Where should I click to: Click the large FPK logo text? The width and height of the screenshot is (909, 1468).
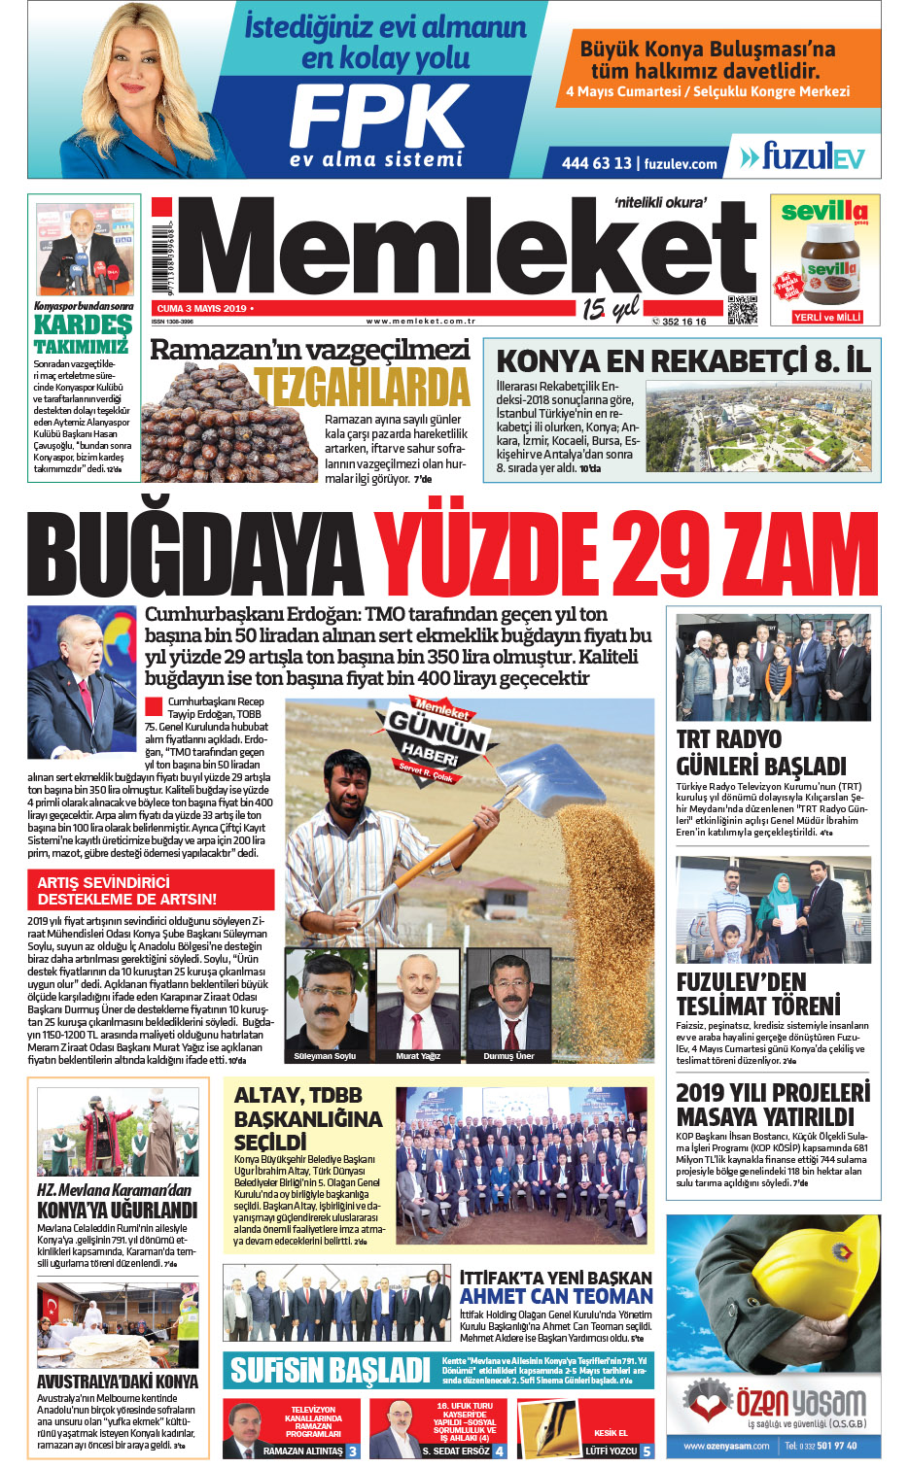click(x=379, y=117)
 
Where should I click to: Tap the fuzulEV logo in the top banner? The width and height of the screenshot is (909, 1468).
click(x=803, y=156)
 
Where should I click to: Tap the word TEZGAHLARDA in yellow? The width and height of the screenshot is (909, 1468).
click(x=363, y=387)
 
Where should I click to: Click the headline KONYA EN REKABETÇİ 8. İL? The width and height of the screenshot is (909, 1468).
click(x=682, y=361)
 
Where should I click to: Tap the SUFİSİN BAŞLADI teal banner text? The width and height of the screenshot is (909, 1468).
click(x=330, y=1371)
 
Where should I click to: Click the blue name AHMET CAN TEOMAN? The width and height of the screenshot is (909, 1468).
click(x=556, y=1297)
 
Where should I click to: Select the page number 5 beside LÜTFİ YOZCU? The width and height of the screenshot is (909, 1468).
click(x=647, y=1451)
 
